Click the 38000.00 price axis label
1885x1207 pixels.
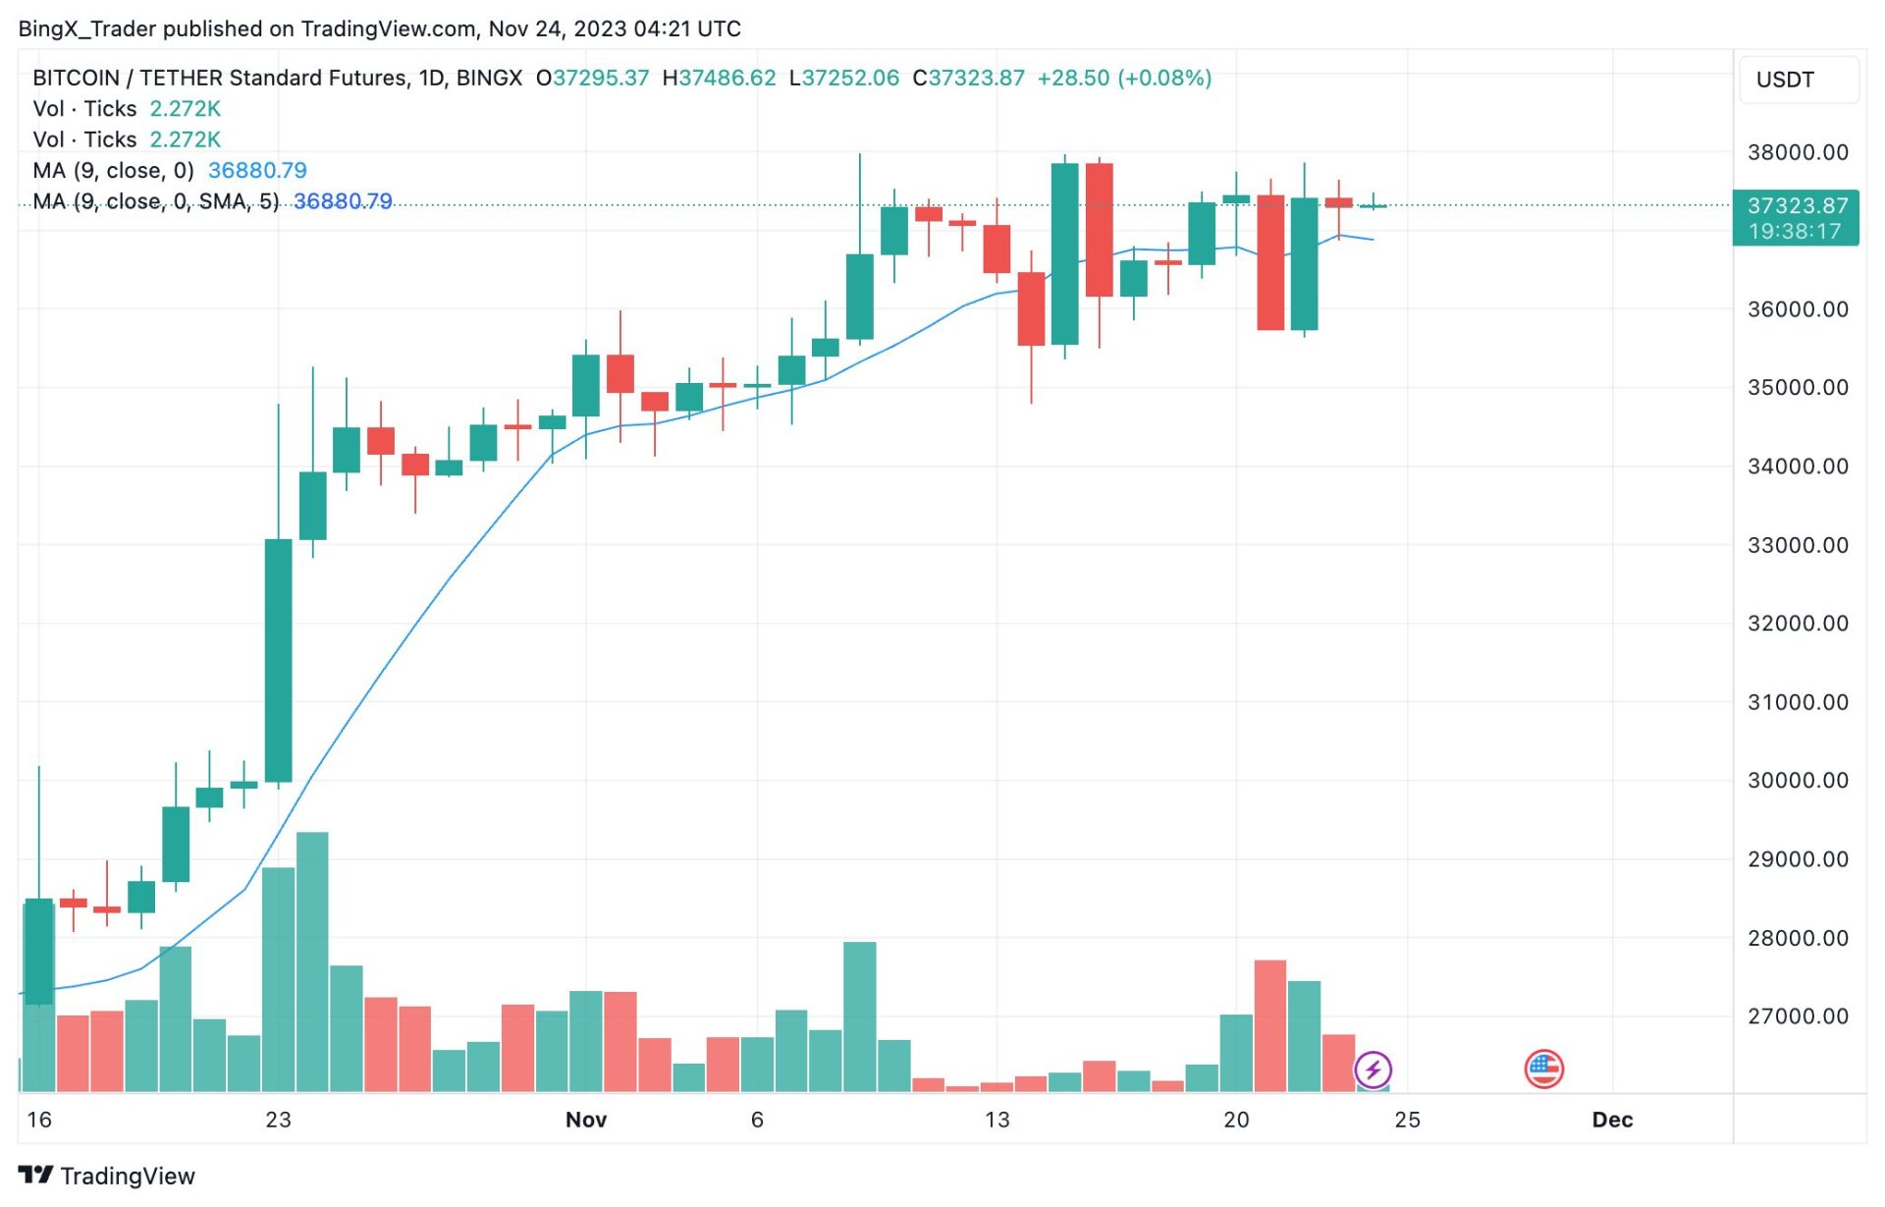[x=1797, y=152]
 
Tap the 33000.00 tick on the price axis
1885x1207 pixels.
[x=1797, y=545]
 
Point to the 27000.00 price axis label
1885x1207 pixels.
[x=1797, y=1016]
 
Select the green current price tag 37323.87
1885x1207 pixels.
[x=1796, y=206]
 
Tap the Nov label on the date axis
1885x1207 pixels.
[x=586, y=1121]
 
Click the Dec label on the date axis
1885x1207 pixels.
[x=1612, y=1121]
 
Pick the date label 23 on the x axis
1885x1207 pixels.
[x=278, y=1121]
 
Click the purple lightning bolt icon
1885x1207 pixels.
[x=1373, y=1070]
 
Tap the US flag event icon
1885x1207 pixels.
[x=1543, y=1070]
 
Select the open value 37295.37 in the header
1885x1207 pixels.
[x=600, y=78]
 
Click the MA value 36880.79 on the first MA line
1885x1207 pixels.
[x=257, y=171]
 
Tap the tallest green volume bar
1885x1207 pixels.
[x=312, y=962]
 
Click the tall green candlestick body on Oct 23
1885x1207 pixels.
[x=278, y=660]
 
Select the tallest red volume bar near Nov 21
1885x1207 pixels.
[x=1270, y=1026]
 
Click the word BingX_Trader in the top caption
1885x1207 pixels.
[x=86, y=28]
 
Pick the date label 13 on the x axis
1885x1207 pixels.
[x=996, y=1121]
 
